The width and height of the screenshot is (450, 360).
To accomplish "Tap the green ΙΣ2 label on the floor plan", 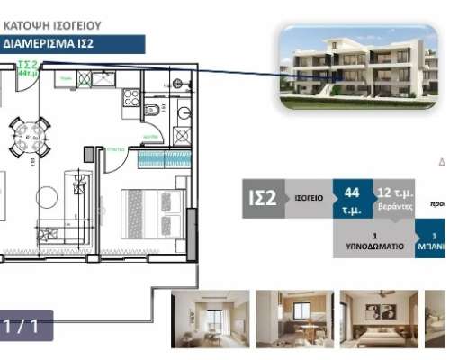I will pos(26,66).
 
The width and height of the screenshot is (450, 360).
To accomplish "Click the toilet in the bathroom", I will pos(152,111).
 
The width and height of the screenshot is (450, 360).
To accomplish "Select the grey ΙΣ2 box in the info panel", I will pos(261,199).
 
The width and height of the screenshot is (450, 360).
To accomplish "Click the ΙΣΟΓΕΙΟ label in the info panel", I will pos(306,199).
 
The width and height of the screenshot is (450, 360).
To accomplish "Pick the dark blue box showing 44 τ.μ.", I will pos(353,199).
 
